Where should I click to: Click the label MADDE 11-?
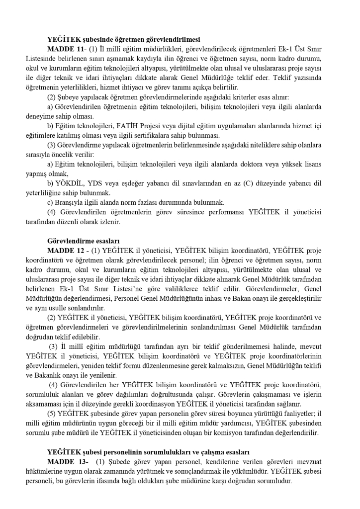(x=67, y=50)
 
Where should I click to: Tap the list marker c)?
(x=50, y=202)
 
